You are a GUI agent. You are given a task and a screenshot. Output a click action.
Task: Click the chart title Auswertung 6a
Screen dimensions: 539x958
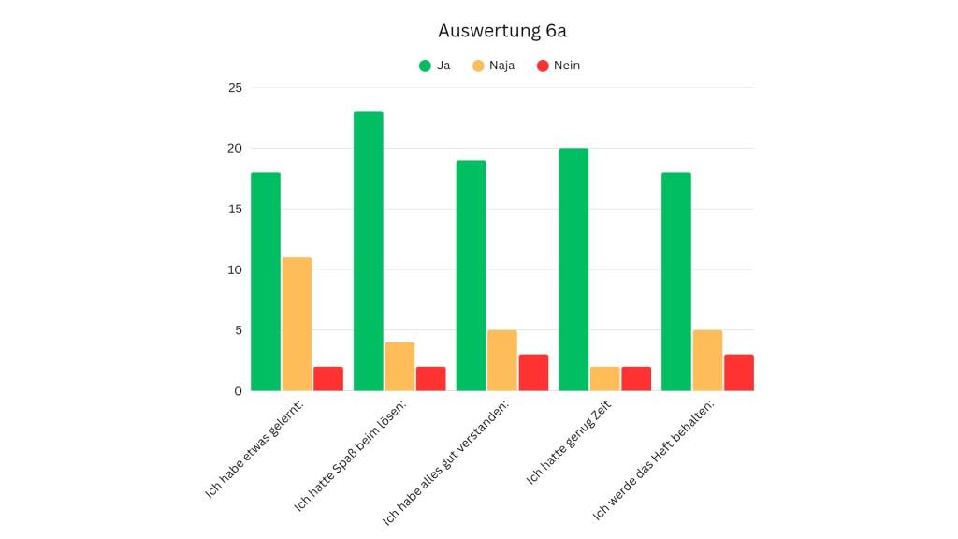(x=502, y=31)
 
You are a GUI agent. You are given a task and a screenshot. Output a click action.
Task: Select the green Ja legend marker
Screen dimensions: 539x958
(x=425, y=66)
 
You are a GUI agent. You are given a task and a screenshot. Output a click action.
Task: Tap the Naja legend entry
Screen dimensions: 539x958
(x=493, y=66)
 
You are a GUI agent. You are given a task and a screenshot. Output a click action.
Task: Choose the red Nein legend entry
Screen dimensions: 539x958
(x=559, y=66)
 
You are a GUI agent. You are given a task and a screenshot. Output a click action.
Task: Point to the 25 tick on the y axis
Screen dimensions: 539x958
(x=234, y=88)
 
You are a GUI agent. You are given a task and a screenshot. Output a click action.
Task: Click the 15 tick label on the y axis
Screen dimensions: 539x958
(x=234, y=209)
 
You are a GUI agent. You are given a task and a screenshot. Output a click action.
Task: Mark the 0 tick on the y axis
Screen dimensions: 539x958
(x=238, y=391)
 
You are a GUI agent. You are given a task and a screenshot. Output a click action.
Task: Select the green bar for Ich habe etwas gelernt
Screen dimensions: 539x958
(x=266, y=282)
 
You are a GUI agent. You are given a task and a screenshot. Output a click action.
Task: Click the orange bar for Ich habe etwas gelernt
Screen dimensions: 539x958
(x=297, y=324)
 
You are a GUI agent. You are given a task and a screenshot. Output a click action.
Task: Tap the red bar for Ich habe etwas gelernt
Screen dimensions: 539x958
(x=328, y=378)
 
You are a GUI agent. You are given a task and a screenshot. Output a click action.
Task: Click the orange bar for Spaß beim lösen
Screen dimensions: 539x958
(x=399, y=366)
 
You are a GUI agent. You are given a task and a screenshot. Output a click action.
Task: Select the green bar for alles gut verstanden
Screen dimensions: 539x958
(x=471, y=275)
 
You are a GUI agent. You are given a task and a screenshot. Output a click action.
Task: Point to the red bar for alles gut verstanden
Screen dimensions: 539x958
(x=533, y=372)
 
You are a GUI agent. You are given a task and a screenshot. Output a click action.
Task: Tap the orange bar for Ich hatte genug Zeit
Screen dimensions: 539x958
(x=604, y=378)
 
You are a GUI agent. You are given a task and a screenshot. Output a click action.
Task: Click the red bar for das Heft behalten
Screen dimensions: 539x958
(x=738, y=372)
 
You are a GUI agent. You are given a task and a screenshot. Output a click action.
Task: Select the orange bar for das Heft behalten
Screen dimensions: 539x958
(x=707, y=360)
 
